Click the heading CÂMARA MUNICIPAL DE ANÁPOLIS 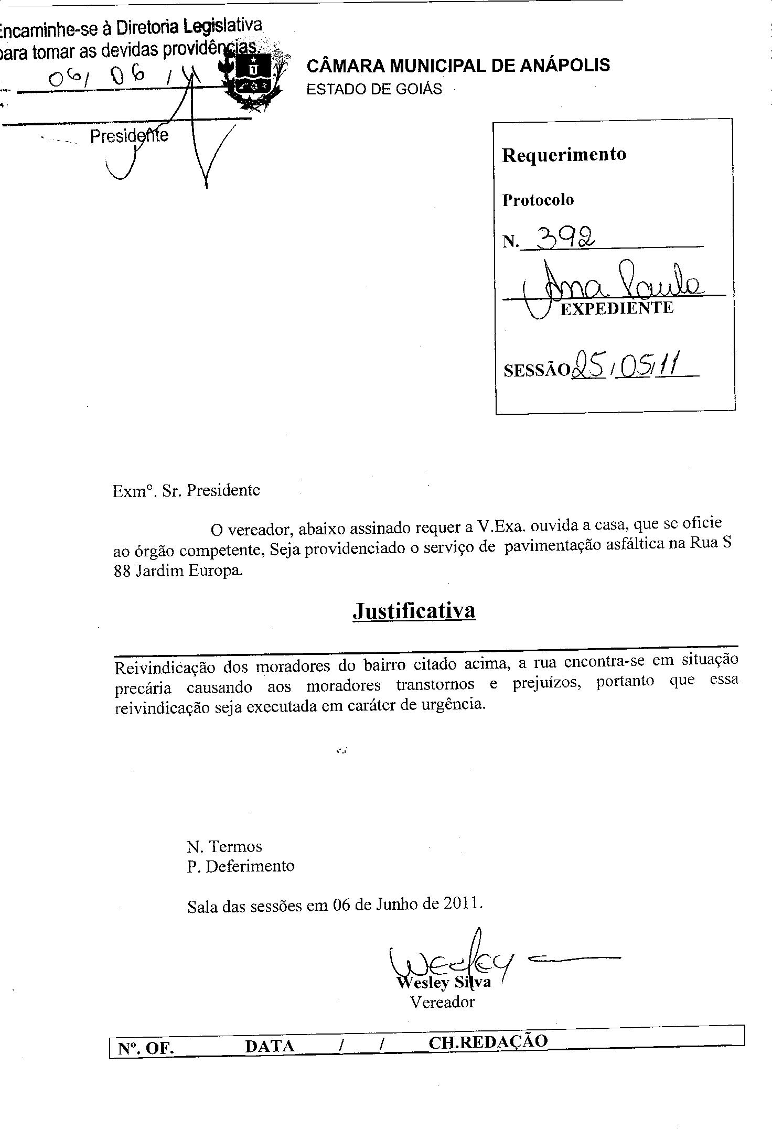click(x=458, y=66)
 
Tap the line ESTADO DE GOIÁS click(x=374, y=89)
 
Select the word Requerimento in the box click(x=564, y=155)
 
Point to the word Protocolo click(x=538, y=200)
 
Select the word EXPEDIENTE click(x=616, y=308)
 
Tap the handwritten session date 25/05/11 click(x=624, y=365)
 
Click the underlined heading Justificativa click(x=414, y=610)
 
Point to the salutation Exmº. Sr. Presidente click(x=186, y=490)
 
